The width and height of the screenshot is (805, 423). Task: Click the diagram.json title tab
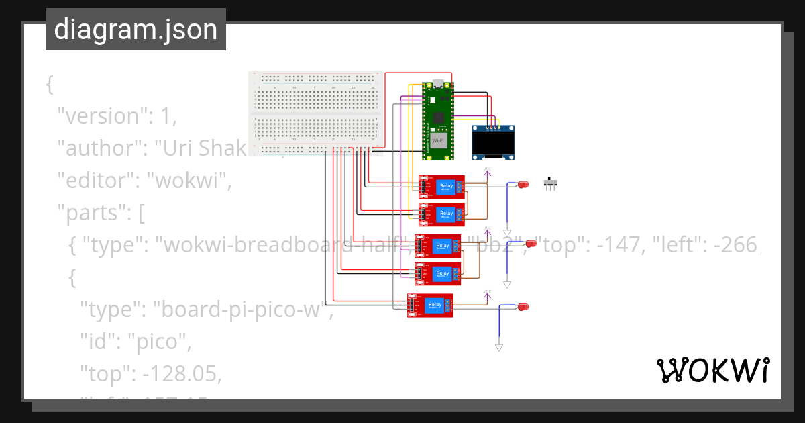coord(136,30)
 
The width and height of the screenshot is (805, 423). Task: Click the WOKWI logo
coord(712,371)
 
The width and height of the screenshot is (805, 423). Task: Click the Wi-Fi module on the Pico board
coord(438,141)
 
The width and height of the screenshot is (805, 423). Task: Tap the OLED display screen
coord(494,143)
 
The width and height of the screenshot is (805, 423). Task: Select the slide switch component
coord(551,183)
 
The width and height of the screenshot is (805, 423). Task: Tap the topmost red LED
coord(523,184)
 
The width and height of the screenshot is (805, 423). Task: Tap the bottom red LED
coord(523,307)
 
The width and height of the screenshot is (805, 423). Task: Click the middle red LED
coord(531,243)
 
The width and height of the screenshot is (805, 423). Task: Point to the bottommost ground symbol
coord(498,347)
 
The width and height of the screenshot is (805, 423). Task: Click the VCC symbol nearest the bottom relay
coord(487,294)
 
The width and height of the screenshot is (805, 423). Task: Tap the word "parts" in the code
coord(93,215)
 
